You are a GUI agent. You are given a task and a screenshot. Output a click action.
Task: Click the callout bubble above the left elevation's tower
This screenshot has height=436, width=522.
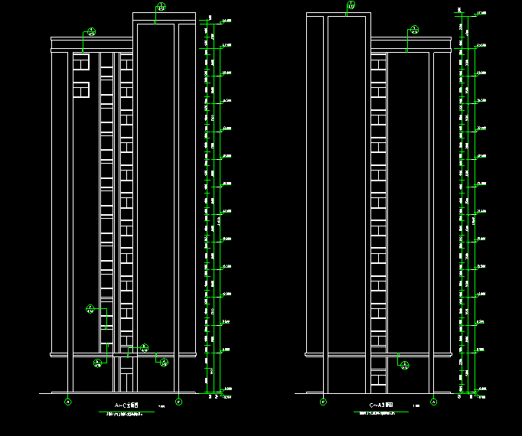[161, 7]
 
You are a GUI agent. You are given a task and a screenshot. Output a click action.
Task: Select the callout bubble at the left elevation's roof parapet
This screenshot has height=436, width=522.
[90, 32]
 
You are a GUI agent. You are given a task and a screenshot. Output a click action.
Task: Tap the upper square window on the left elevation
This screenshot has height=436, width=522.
[81, 61]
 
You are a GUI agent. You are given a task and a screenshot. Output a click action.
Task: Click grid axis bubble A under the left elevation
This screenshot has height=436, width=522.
[67, 401]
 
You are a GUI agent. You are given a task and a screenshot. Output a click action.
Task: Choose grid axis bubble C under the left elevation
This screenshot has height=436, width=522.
[178, 401]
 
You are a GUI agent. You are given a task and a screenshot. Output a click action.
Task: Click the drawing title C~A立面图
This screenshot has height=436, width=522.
[380, 405]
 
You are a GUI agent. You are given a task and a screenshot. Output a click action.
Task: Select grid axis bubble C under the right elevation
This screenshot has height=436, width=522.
[322, 401]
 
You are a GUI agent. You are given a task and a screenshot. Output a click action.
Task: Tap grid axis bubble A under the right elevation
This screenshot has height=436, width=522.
[433, 401]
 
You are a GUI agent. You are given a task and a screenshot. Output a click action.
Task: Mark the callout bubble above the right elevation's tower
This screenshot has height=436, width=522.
[351, 5]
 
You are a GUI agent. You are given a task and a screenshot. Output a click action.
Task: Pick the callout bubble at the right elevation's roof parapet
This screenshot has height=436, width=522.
[414, 30]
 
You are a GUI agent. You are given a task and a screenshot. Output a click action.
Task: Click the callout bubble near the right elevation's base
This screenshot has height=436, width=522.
[404, 364]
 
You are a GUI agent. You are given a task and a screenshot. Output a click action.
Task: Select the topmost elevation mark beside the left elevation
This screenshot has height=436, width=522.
[226, 20]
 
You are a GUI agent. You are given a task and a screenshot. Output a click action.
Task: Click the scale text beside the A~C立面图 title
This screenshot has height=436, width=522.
[161, 406]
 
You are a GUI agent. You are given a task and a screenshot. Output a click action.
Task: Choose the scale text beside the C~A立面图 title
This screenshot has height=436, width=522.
[416, 406]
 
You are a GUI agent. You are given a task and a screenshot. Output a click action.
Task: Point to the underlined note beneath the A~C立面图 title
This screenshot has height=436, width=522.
[128, 413]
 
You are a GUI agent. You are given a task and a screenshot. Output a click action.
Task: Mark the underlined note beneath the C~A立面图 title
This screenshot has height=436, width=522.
[381, 413]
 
